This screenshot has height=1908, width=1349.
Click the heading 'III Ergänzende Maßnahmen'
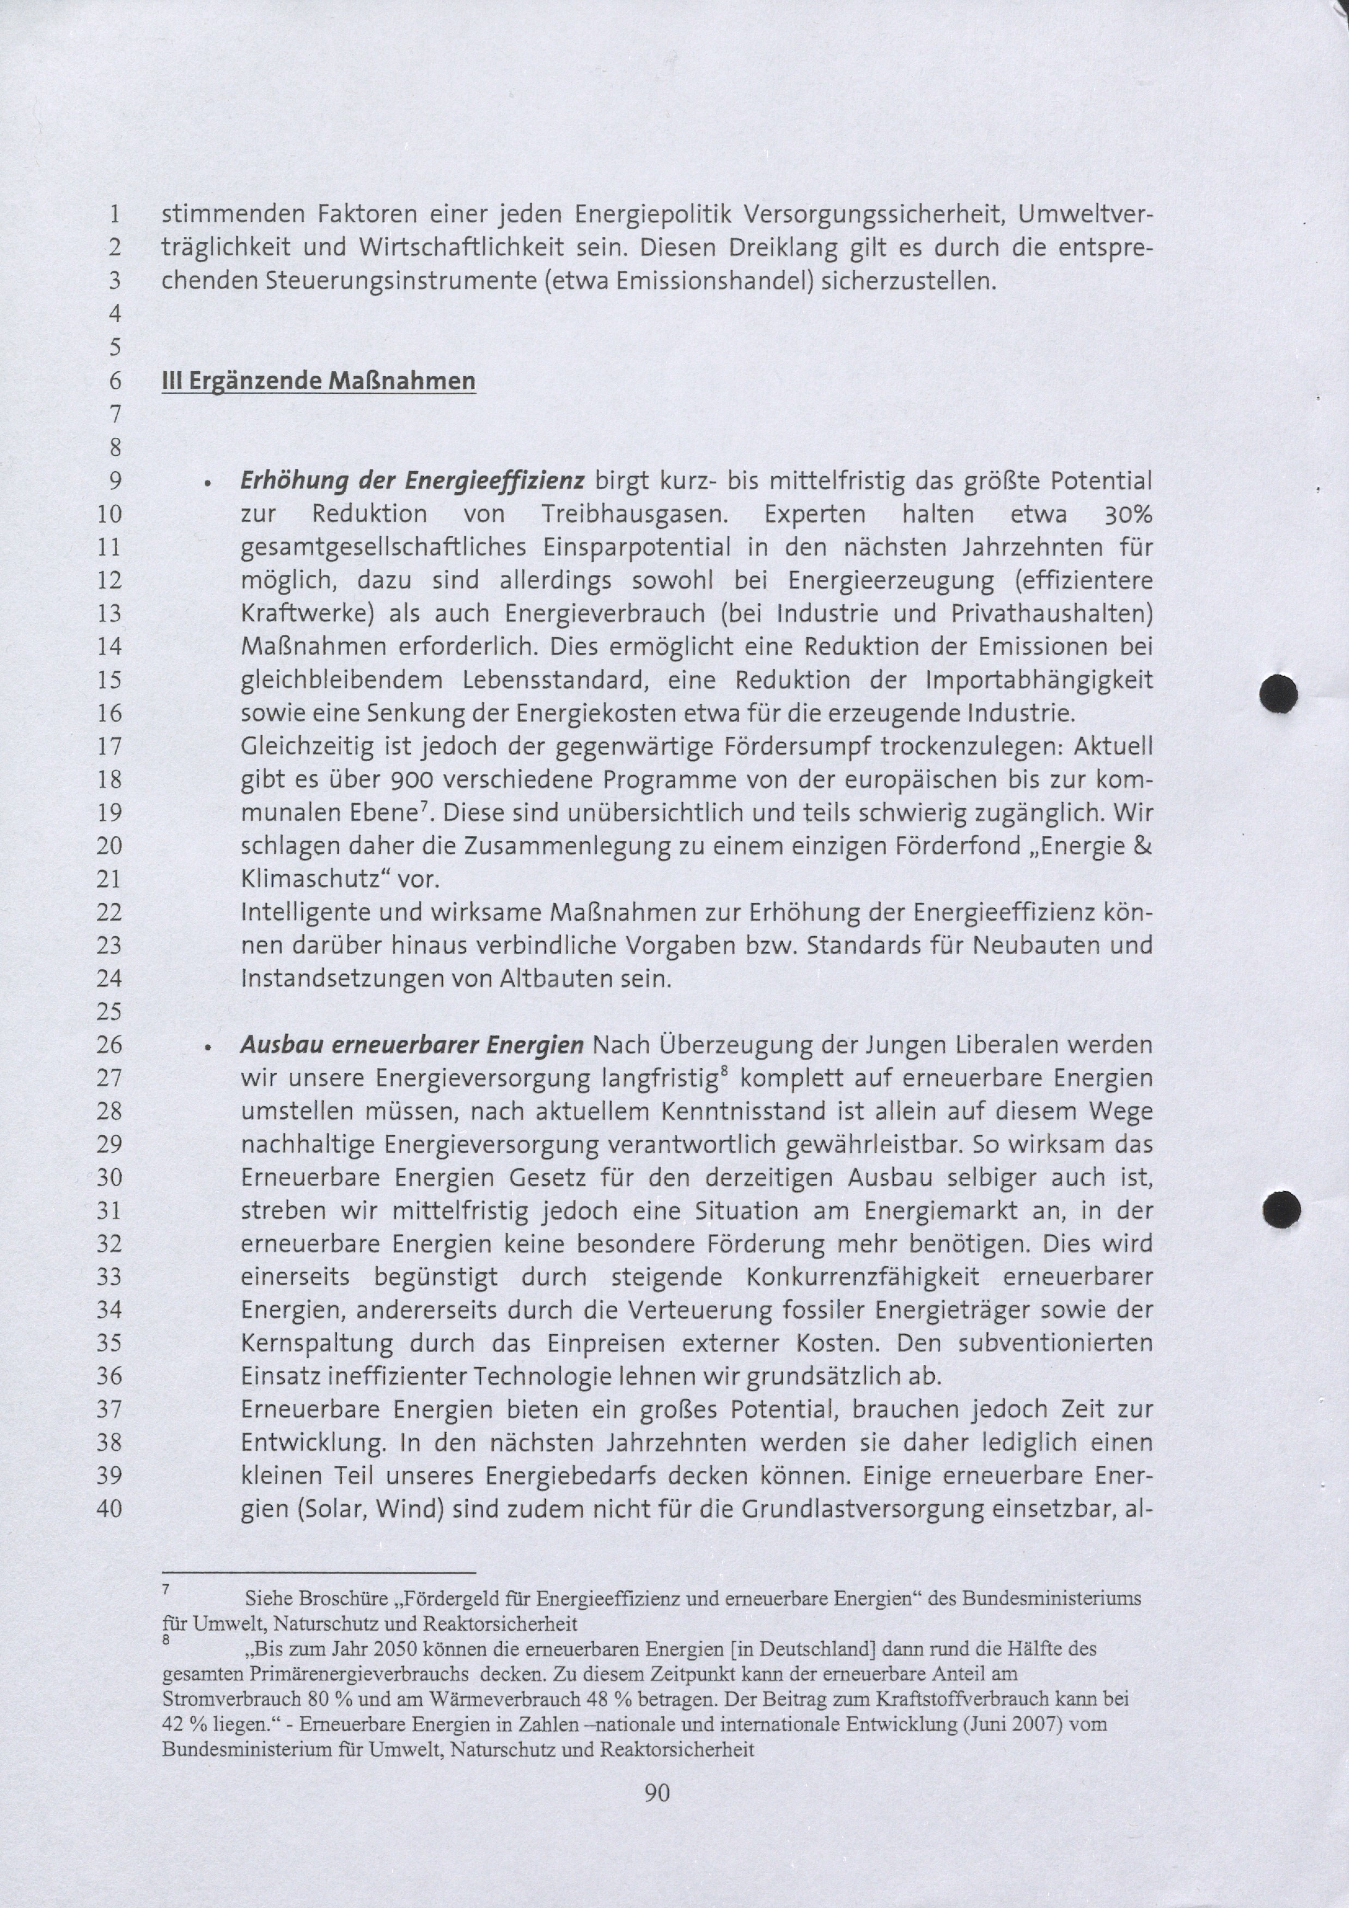[x=319, y=381]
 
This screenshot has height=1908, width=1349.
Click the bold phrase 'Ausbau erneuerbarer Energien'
[x=412, y=1044]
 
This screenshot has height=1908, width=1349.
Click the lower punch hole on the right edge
[x=1281, y=1209]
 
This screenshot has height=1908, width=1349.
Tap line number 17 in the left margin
[x=109, y=746]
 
